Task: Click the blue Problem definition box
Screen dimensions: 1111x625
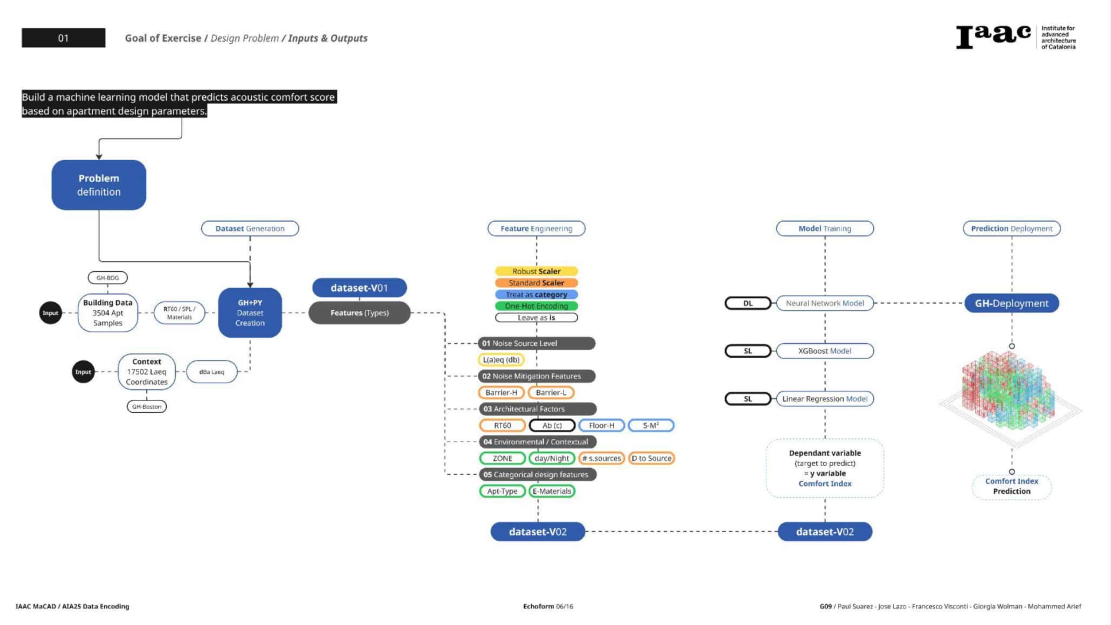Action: [x=99, y=185]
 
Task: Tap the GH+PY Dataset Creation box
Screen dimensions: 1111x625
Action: [x=250, y=312]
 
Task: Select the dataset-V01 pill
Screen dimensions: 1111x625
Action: [x=359, y=288]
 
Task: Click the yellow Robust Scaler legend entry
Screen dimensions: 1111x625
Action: [x=536, y=271]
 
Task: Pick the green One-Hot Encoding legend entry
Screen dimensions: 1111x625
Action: [x=536, y=306]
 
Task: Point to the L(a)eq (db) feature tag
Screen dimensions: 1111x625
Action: [x=501, y=360]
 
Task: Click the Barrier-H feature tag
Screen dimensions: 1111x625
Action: [x=501, y=392]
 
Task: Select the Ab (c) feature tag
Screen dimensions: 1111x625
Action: [x=552, y=425]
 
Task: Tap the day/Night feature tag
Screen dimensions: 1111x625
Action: [x=552, y=458]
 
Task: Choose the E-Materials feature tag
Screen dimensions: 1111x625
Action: [x=552, y=491]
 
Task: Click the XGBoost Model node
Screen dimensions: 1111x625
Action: [x=825, y=351]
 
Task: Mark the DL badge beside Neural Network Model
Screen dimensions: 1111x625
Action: [x=748, y=303]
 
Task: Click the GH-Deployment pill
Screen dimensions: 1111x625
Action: [x=1012, y=303]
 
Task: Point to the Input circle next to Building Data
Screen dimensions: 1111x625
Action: [x=50, y=313]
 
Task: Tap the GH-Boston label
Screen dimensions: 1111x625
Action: [x=147, y=407]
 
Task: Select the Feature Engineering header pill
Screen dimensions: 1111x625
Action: [x=536, y=228]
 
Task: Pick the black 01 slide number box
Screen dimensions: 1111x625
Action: [x=63, y=38]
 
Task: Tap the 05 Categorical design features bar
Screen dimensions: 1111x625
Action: [x=537, y=474]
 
